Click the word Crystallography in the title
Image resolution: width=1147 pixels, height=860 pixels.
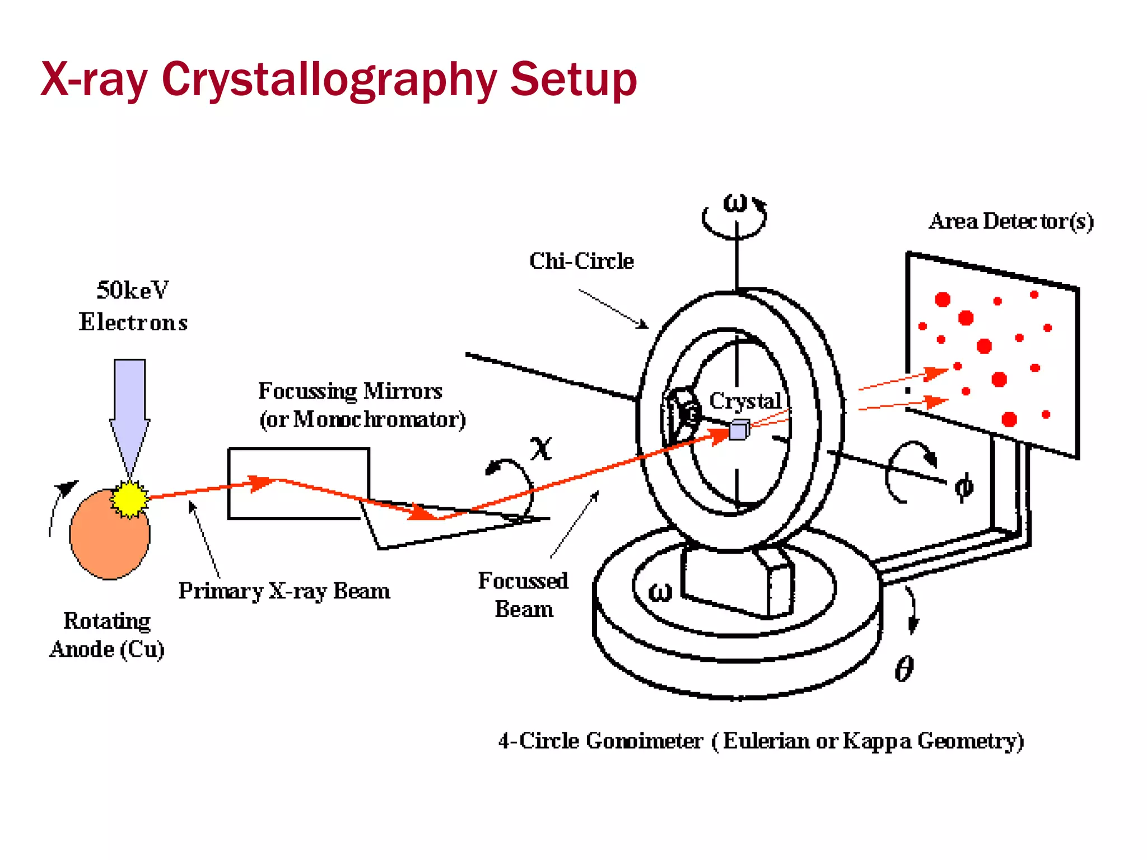(x=329, y=80)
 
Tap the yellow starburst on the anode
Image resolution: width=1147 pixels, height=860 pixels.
(x=130, y=498)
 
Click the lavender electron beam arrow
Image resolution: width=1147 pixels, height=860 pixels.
(x=130, y=409)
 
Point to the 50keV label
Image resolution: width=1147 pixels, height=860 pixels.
(x=133, y=290)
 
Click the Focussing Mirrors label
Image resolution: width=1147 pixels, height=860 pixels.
(x=350, y=391)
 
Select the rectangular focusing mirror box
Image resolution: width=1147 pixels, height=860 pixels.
(x=298, y=483)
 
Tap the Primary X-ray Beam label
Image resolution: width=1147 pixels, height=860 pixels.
(x=284, y=591)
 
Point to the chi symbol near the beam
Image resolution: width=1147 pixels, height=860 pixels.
(x=541, y=448)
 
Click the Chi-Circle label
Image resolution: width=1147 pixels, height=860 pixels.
(x=581, y=261)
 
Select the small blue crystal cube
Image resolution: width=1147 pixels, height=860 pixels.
(x=739, y=430)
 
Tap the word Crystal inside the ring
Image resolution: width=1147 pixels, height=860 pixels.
(x=745, y=400)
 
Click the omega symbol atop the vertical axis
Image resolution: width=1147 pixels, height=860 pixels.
(x=735, y=203)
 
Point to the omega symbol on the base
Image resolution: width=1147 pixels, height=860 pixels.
(x=660, y=592)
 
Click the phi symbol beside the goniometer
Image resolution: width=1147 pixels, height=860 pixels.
(x=963, y=486)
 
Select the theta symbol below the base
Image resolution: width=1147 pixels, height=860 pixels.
(x=904, y=669)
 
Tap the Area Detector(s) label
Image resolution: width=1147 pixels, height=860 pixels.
(x=1011, y=222)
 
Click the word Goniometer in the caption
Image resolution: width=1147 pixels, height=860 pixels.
(x=644, y=741)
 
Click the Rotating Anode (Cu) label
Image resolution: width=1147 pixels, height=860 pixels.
(x=106, y=635)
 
